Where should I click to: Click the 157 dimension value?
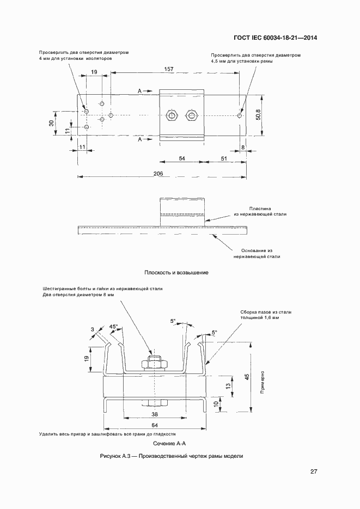[169, 69]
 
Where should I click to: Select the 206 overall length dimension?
[158, 173]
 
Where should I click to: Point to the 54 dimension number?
[182, 158]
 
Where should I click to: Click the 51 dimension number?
[224, 158]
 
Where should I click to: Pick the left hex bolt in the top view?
[171, 115]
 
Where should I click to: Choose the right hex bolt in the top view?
[192, 115]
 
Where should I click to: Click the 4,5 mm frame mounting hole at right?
[240, 115]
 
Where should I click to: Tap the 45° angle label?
[113, 326]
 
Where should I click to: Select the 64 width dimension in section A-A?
[155, 425]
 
